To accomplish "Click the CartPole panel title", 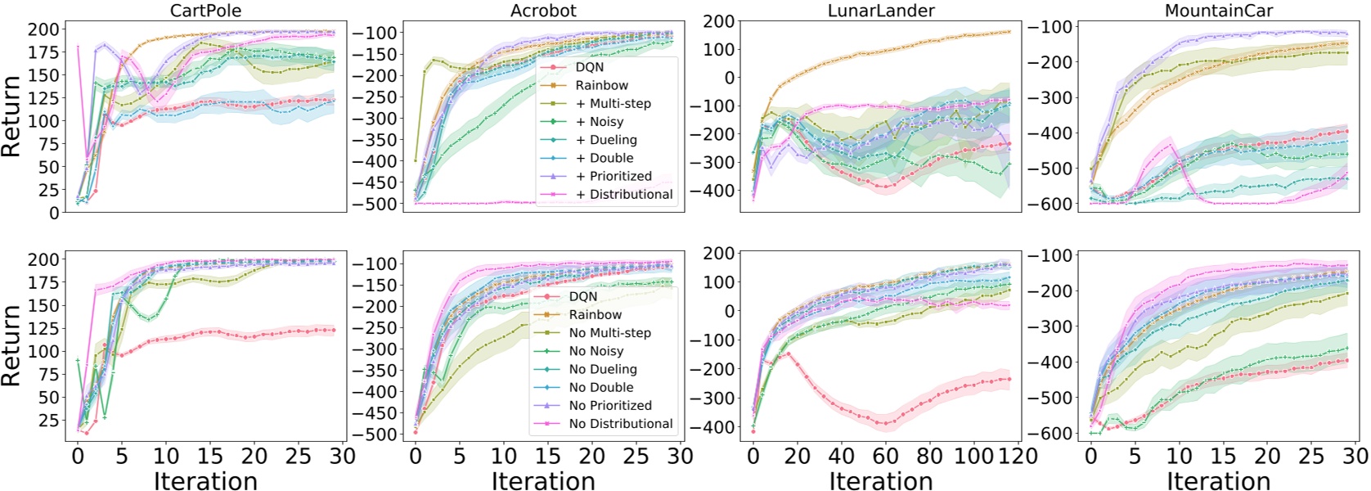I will pos(205,11).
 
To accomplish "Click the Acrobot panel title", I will pos(543,11).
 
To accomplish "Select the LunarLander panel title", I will pos(881,11).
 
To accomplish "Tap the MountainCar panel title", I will pos(1218,11).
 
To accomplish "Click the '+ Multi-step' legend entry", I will pos(613,104).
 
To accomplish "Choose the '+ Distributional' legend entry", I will pos(624,195).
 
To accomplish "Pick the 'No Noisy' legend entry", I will pos(596,351).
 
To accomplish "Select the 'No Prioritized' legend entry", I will pos(610,406).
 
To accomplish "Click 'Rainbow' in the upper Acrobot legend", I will pos(601,86).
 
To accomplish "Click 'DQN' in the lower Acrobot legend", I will pos(583,297).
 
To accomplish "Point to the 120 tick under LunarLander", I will pos(1018,456).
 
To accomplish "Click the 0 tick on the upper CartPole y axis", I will pos(54,213).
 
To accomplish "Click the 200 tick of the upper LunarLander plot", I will pos(718,22).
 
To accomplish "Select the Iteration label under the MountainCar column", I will pos(1218,480).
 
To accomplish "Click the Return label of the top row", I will pos(11,116).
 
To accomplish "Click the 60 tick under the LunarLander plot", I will pos(886,456).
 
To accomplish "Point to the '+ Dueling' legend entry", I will pos(606,140).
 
